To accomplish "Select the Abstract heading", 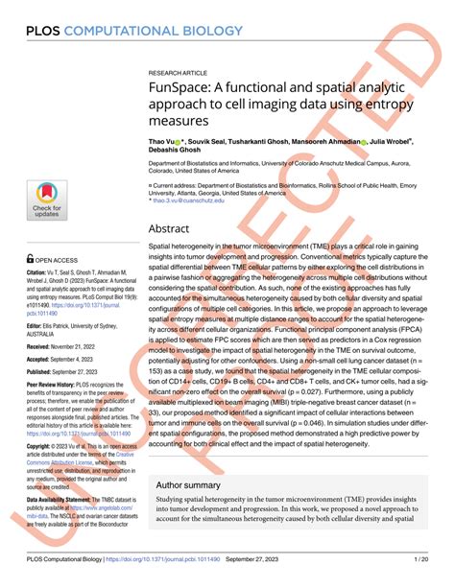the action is pyautogui.click(x=173, y=230).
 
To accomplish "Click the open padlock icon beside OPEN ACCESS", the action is pyautogui.click(x=31, y=258).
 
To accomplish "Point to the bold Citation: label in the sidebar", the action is pyautogui.click(x=40, y=273).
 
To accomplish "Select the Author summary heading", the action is pyautogui.click(x=193, y=484).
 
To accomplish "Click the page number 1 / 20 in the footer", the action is pyautogui.click(x=420, y=557).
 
